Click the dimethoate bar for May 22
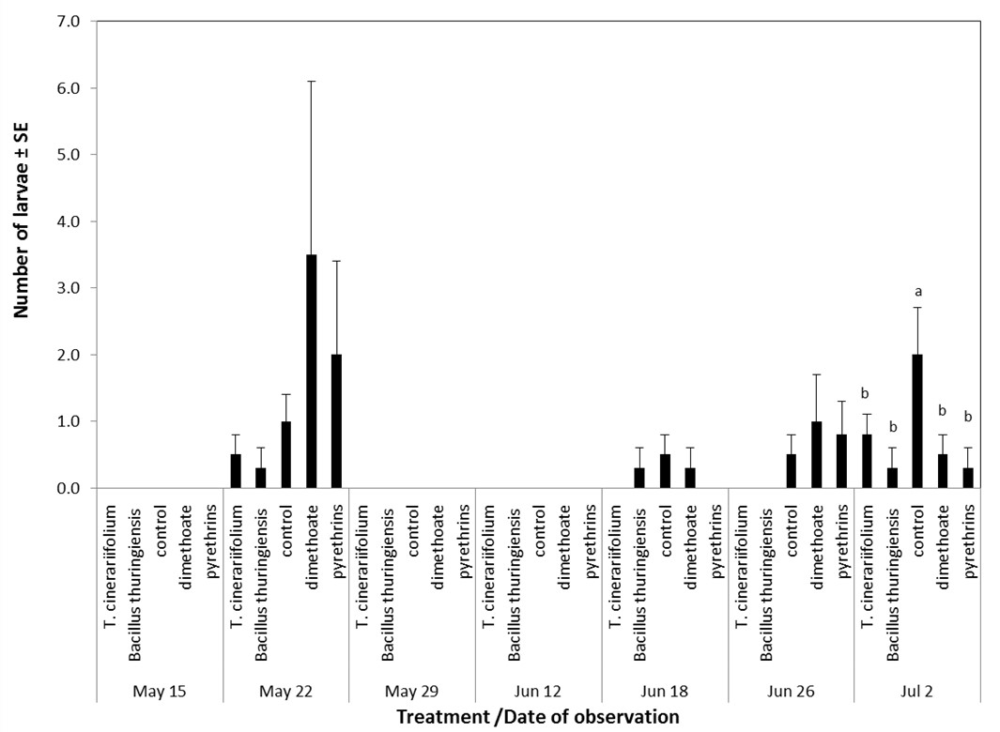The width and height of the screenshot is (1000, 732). [311, 372]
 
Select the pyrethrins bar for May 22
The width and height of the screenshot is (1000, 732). [336, 421]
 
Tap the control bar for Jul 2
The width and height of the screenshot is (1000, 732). [918, 421]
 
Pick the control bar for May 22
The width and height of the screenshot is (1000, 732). [285, 455]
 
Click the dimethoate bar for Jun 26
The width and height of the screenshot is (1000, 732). [817, 455]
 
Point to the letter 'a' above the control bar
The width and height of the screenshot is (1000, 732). [918, 291]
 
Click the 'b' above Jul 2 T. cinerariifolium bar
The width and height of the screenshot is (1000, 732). [868, 393]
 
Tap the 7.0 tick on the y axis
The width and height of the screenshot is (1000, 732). [69, 21]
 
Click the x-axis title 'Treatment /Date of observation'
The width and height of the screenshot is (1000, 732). [537, 717]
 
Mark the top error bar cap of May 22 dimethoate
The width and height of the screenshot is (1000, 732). [311, 82]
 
